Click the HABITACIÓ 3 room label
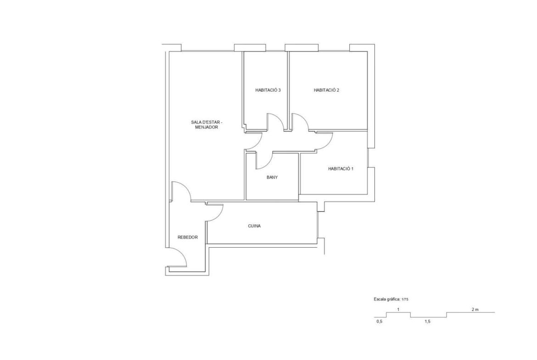(x=268, y=90)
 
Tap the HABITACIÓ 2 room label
(x=326, y=90)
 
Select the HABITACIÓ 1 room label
(x=341, y=169)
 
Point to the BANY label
(x=272, y=177)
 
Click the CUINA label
(x=254, y=226)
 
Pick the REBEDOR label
(x=188, y=238)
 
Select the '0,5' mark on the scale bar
(x=379, y=321)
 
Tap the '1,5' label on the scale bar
(x=427, y=321)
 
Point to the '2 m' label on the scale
(x=475, y=310)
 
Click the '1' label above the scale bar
(x=398, y=310)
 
